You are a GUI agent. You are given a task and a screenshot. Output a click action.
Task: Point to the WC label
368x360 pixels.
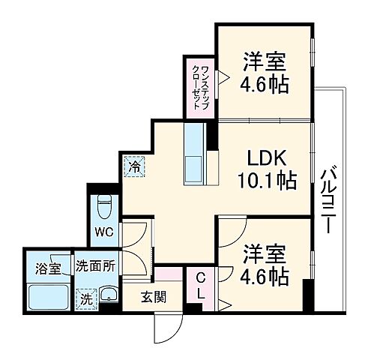[103, 232]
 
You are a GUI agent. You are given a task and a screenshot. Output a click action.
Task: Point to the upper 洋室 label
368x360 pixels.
[265, 61]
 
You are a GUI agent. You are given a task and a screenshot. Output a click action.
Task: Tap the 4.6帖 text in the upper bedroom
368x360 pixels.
[265, 82]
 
